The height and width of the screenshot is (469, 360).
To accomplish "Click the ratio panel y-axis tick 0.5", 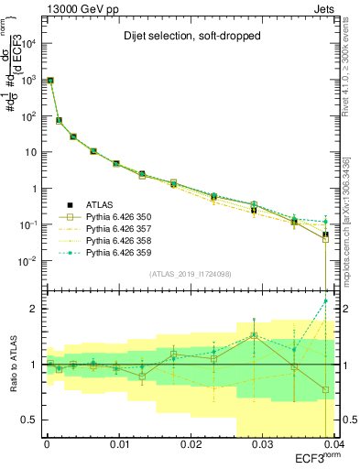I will point(31,420).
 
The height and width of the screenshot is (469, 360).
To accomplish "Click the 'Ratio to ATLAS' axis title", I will point(12,364).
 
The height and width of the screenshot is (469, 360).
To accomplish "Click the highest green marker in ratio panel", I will point(325,301).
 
